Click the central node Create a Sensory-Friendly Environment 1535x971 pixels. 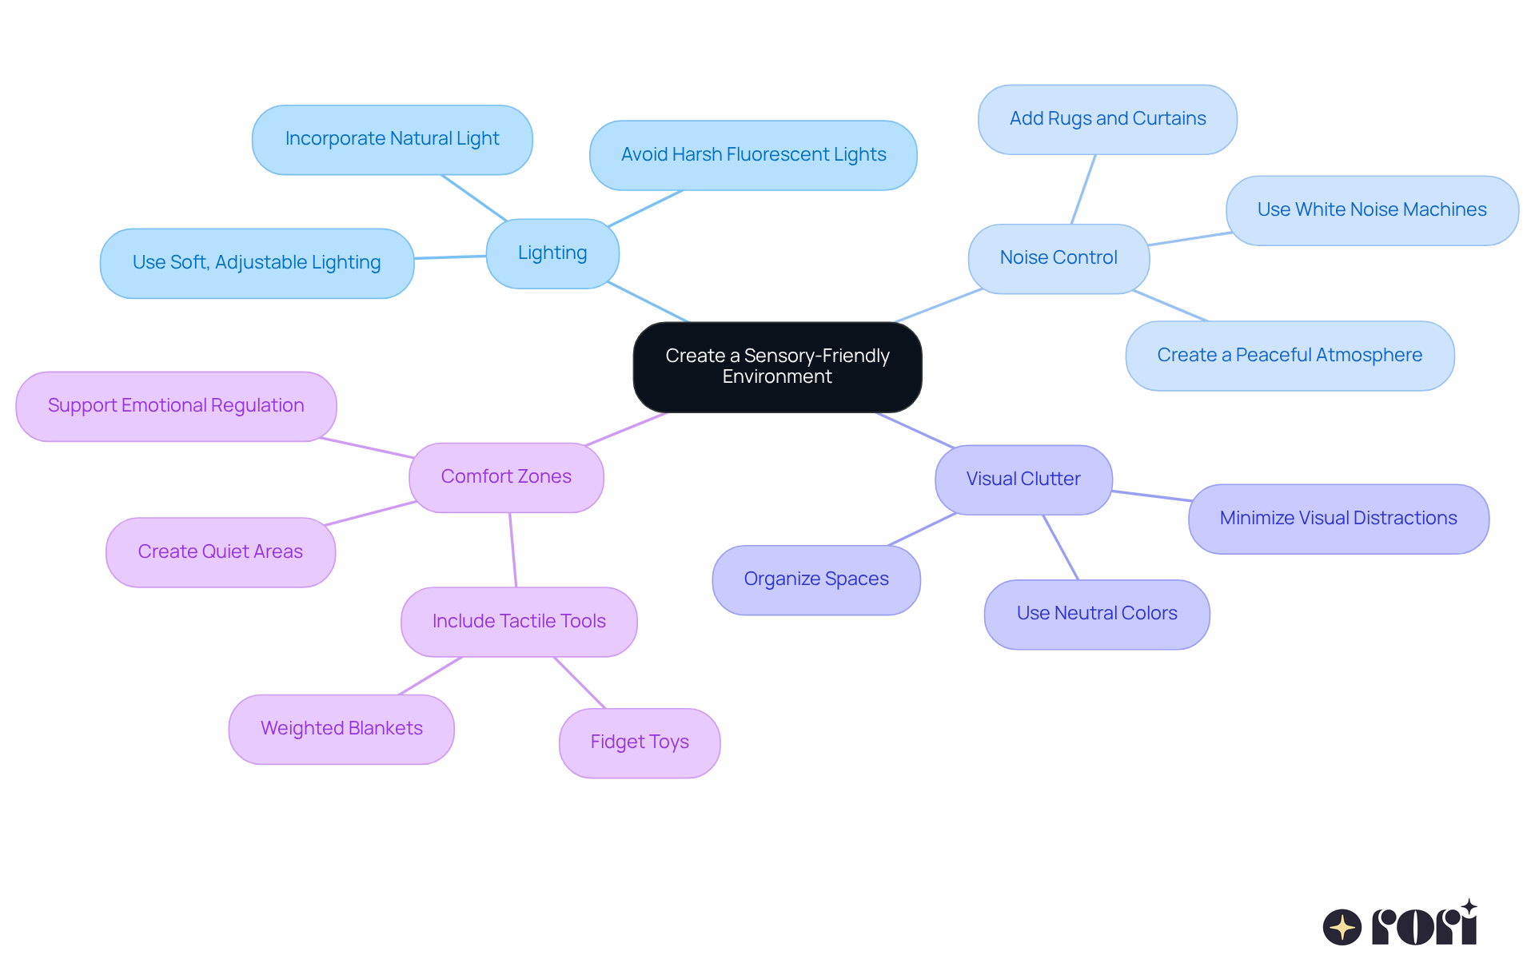(x=777, y=367)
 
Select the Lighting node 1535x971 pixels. (x=552, y=253)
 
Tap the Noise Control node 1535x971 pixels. (x=1059, y=258)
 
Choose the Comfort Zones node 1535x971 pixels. (x=506, y=477)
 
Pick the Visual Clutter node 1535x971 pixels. (x=1023, y=480)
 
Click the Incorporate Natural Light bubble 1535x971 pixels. (x=392, y=139)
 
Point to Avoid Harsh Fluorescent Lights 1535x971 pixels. (x=753, y=155)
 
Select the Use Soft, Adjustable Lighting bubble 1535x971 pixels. (x=257, y=263)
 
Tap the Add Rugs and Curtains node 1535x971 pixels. (x=1107, y=119)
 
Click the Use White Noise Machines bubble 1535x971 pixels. (x=1372, y=210)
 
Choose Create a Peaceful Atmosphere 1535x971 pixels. (x=1290, y=356)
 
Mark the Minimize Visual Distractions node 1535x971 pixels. (x=1338, y=519)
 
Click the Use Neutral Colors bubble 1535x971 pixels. (x=1097, y=614)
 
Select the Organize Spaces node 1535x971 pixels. (x=816, y=579)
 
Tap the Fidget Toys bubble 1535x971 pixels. (x=640, y=742)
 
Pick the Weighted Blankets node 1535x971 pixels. (x=341, y=729)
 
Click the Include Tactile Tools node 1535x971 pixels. (x=519, y=622)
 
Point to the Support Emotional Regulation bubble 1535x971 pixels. (x=176, y=406)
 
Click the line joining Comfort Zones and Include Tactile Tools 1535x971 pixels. (x=513, y=550)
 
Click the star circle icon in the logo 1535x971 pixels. (x=1342, y=927)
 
